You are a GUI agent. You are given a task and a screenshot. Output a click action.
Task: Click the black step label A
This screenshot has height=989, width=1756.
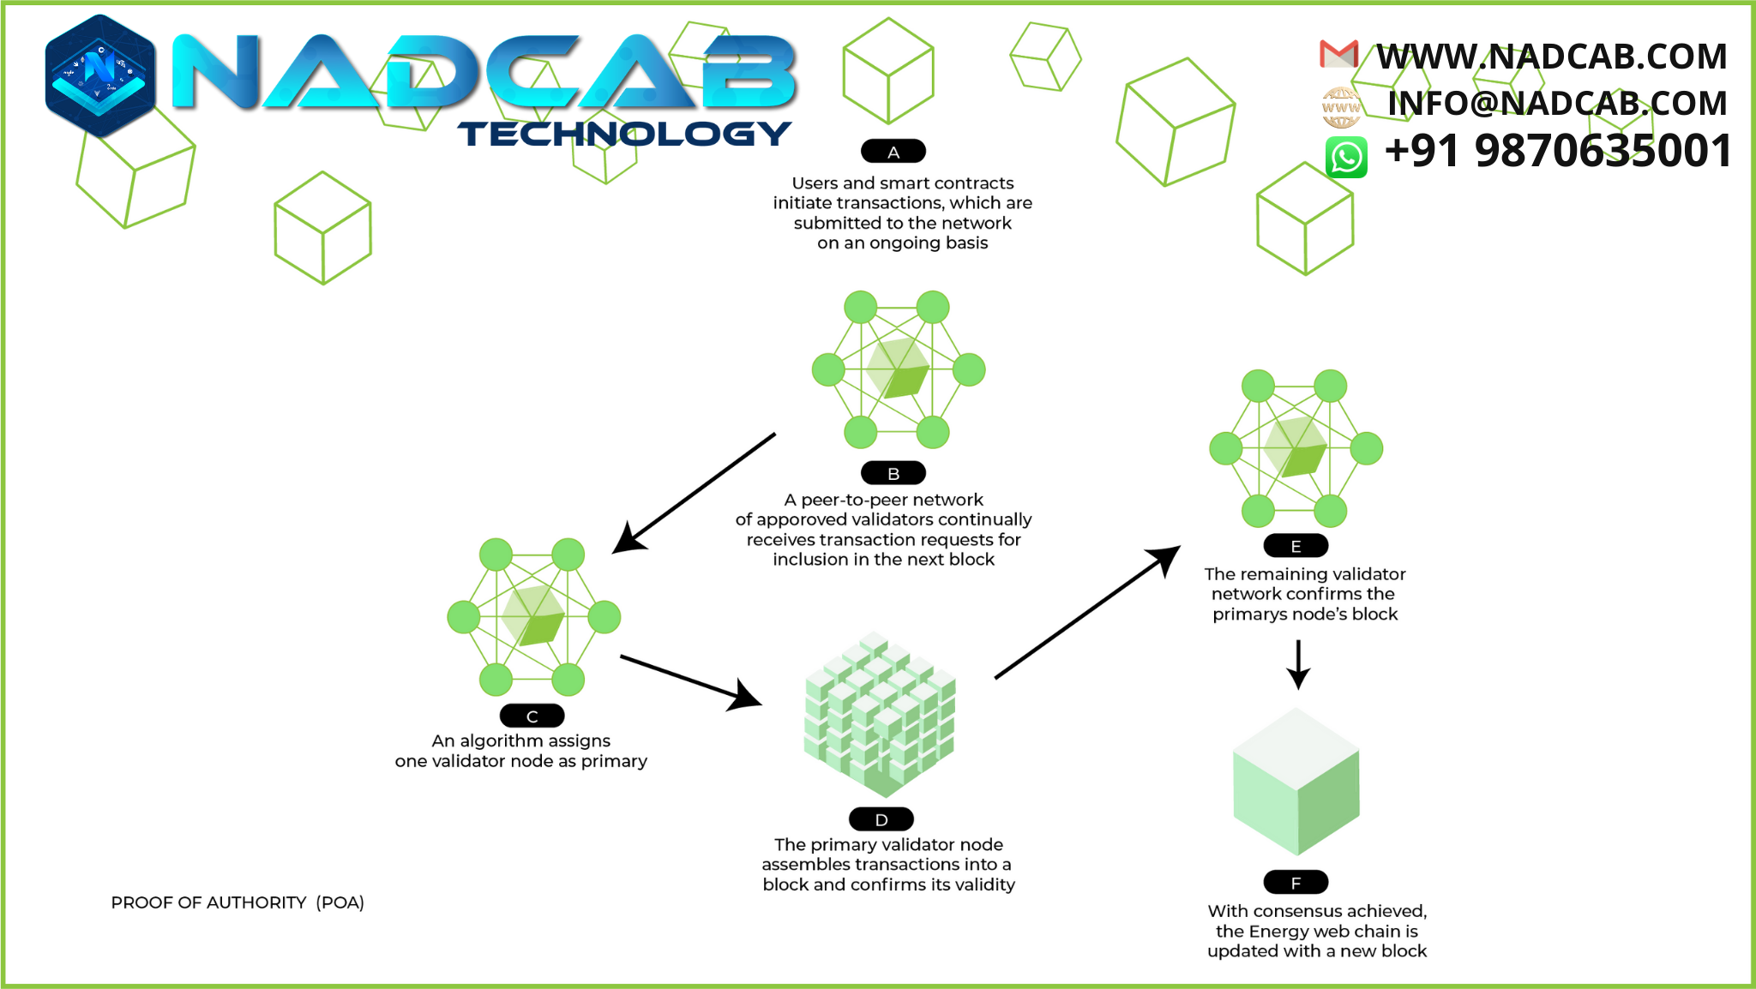pyautogui.click(x=893, y=152)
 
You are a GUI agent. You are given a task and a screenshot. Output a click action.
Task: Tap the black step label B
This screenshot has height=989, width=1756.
pyautogui.click(x=893, y=473)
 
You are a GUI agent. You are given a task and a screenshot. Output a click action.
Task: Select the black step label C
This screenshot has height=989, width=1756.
pyautogui.click(x=532, y=716)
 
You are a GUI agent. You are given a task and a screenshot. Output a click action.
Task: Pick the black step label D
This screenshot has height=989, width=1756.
pyautogui.click(x=881, y=819)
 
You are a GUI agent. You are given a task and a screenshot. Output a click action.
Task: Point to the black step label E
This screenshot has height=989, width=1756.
pyautogui.click(x=1296, y=546)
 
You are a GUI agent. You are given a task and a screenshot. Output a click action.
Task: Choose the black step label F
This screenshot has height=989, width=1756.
pyautogui.click(x=1296, y=882)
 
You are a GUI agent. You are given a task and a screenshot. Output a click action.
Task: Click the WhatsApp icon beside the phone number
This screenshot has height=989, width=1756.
pyautogui.click(x=1346, y=157)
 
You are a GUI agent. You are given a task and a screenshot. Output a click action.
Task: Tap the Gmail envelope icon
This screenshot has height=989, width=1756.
pyautogui.click(x=1338, y=55)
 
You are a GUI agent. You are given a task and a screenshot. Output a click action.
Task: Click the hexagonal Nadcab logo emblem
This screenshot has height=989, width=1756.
pyautogui.click(x=100, y=75)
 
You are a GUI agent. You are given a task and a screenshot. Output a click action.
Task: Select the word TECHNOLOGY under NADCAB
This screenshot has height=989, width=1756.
pyautogui.click(x=623, y=134)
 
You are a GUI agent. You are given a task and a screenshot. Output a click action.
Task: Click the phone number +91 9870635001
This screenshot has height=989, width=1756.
pyautogui.click(x=1558, y=151)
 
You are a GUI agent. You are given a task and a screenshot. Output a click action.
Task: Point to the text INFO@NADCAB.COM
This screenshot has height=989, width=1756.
pyautogui.click(x=1557, y=104)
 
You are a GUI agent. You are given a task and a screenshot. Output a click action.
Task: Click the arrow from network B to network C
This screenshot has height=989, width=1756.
pyautogui.click(x=695, y=493)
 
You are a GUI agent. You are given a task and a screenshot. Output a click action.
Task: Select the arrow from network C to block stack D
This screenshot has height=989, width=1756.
pyautogui.click(x=690, y=681)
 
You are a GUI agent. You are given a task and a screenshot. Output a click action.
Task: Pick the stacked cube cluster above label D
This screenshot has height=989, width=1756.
pyautogui.click(x=880, y=715)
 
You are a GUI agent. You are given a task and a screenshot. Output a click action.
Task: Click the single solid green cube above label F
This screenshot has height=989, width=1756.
pyautogui.click(x=1296, y=782)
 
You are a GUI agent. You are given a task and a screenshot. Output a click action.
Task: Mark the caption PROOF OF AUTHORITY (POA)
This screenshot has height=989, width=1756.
pyautogui.click(x=238, y=902)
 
